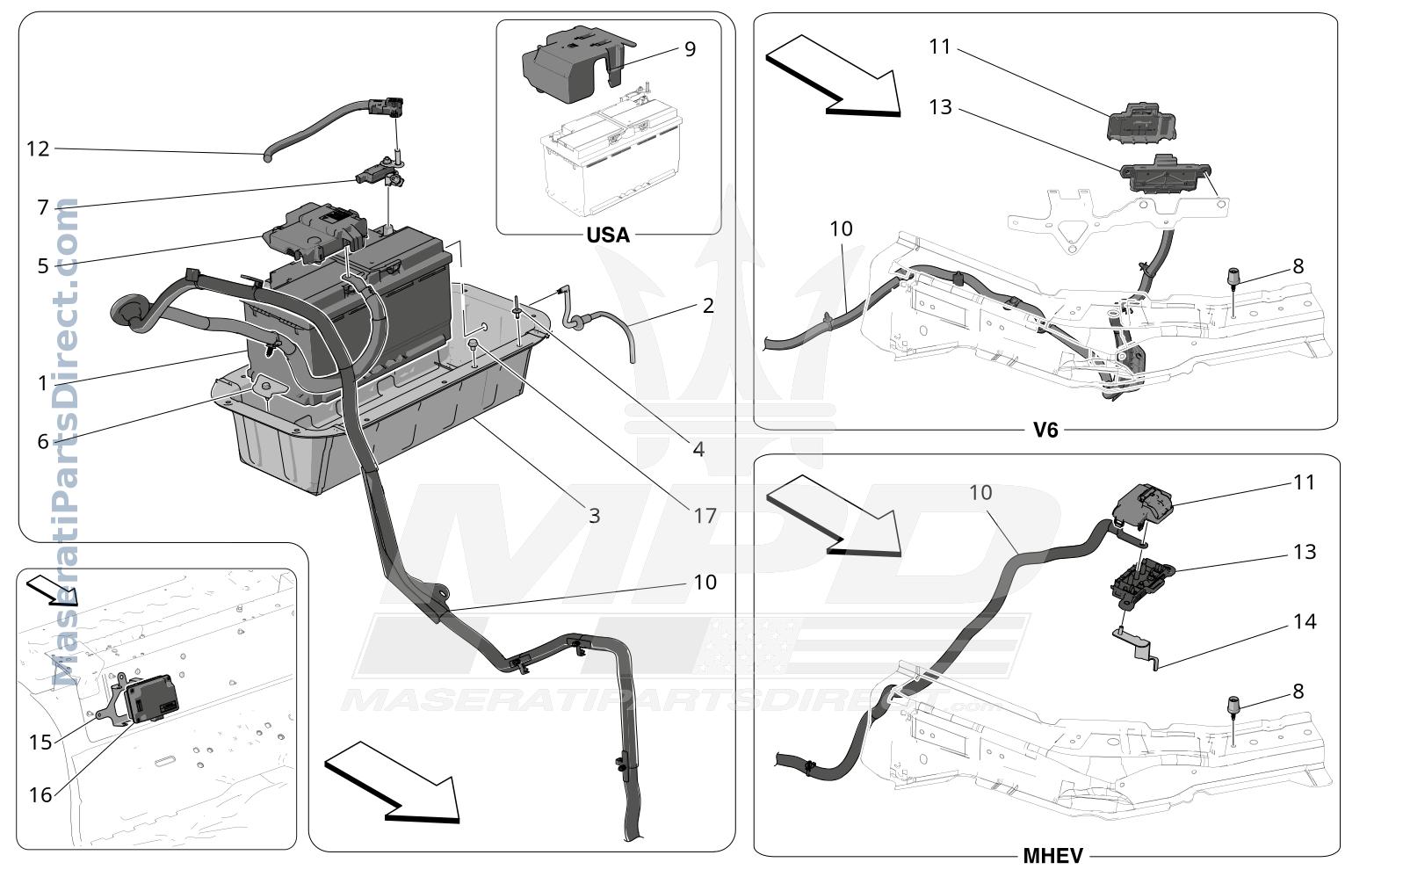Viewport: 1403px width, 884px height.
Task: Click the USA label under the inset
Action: (608, 235)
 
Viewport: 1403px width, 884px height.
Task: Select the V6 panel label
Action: (1045, 430)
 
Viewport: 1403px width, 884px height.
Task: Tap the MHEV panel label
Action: (1052, 856)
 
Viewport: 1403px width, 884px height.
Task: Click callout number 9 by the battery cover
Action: (690, 49)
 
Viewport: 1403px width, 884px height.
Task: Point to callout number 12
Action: (38, 149)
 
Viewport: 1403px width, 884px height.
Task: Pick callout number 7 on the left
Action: (42, 207)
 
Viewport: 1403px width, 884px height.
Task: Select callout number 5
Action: (42, 266)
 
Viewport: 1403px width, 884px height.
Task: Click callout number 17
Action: (705, 516)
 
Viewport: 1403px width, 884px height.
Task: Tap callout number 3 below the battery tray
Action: (595, 516)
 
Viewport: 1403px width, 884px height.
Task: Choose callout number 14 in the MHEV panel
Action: (1305, 621)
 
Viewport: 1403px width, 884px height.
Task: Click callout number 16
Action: (40, 795)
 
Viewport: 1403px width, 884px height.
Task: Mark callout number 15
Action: (40, 743)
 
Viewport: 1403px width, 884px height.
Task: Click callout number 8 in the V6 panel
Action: (1298, 266)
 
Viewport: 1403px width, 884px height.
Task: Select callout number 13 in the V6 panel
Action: (940, 107)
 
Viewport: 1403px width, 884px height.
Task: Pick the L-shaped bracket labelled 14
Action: (1137, 649)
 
